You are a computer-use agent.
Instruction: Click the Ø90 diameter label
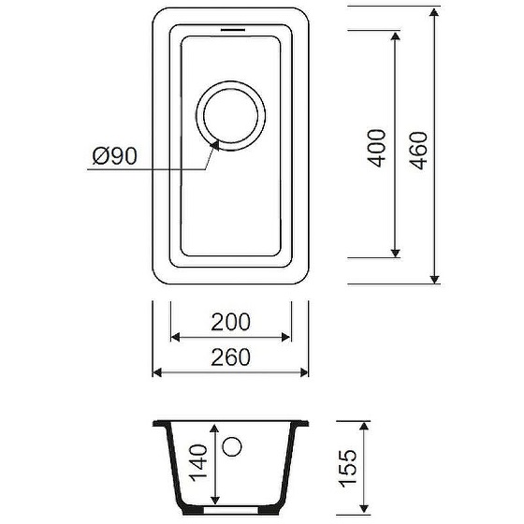coord(114,156)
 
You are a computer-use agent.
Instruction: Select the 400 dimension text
coord(376,148)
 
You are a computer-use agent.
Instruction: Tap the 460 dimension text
coord(418,151)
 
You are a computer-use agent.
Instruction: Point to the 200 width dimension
coord(230,322)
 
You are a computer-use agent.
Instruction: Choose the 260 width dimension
coord(230,357)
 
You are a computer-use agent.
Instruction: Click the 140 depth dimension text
coord(198,463)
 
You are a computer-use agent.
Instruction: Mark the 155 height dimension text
coord(348,469)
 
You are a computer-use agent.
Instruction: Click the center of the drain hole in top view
coord(231,115)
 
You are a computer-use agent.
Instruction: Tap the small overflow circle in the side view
coord(232,446)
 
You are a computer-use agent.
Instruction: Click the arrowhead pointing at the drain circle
coord(215,145)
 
